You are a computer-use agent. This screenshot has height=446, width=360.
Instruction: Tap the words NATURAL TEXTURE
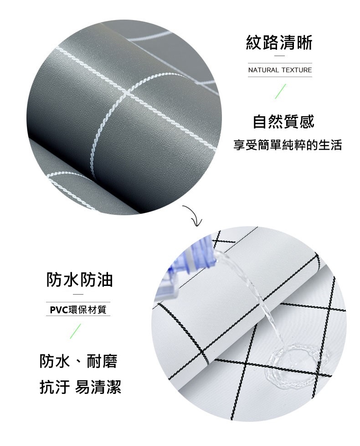click(280, 70)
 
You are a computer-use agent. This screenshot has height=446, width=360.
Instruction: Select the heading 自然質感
click(283, 122)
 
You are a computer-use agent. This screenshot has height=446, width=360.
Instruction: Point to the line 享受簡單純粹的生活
click(288, 145)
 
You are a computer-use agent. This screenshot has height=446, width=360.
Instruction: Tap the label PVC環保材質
click(78, 310)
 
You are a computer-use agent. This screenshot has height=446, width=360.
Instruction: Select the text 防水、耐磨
click(78, 362)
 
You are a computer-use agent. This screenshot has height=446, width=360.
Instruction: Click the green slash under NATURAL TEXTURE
click(280, 91)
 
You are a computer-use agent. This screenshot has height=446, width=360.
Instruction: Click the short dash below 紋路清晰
click(279, 56)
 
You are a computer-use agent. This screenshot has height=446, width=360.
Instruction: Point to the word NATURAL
click(263, 70)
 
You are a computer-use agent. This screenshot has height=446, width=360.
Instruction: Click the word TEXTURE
click(297, 70)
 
